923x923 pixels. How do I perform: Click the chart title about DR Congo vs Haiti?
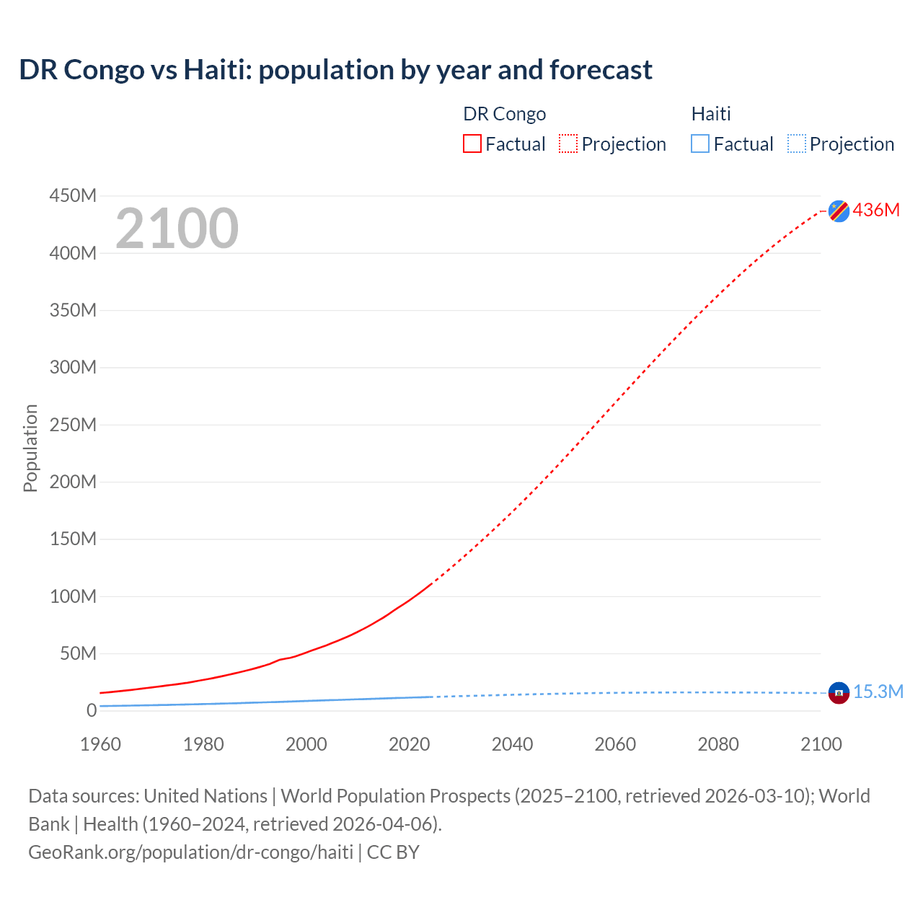tap(335, 70)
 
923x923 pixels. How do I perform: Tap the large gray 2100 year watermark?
tap(177, 229)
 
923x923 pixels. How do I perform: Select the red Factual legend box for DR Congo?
tap(472, 143)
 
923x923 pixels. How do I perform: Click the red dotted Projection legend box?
tap(568, 143)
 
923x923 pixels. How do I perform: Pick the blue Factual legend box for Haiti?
tap(700, 143)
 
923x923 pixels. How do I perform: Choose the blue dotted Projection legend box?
tap(797, 143)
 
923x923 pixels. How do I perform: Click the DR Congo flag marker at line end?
tap(839, 211)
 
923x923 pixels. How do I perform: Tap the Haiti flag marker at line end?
tap(839, 693)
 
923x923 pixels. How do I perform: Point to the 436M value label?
tap(876, 210)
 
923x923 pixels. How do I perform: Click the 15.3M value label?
tap(878, 692)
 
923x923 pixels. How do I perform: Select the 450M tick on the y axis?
tap(73, 195)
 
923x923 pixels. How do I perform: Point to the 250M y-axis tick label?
tap(73, 425)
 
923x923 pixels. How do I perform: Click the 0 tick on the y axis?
tap(92, 710)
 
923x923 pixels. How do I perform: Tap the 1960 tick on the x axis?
tap(100, 744)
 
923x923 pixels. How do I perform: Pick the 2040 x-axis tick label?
tap(512, 744)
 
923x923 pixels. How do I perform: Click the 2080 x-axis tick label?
tap(718, 744)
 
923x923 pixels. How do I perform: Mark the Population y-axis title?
tap(30, 448)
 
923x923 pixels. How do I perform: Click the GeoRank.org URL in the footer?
tap(190, 852)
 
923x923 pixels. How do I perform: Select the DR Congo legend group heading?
tap(504, 114)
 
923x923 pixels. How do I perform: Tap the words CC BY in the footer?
tap(393, 852)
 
